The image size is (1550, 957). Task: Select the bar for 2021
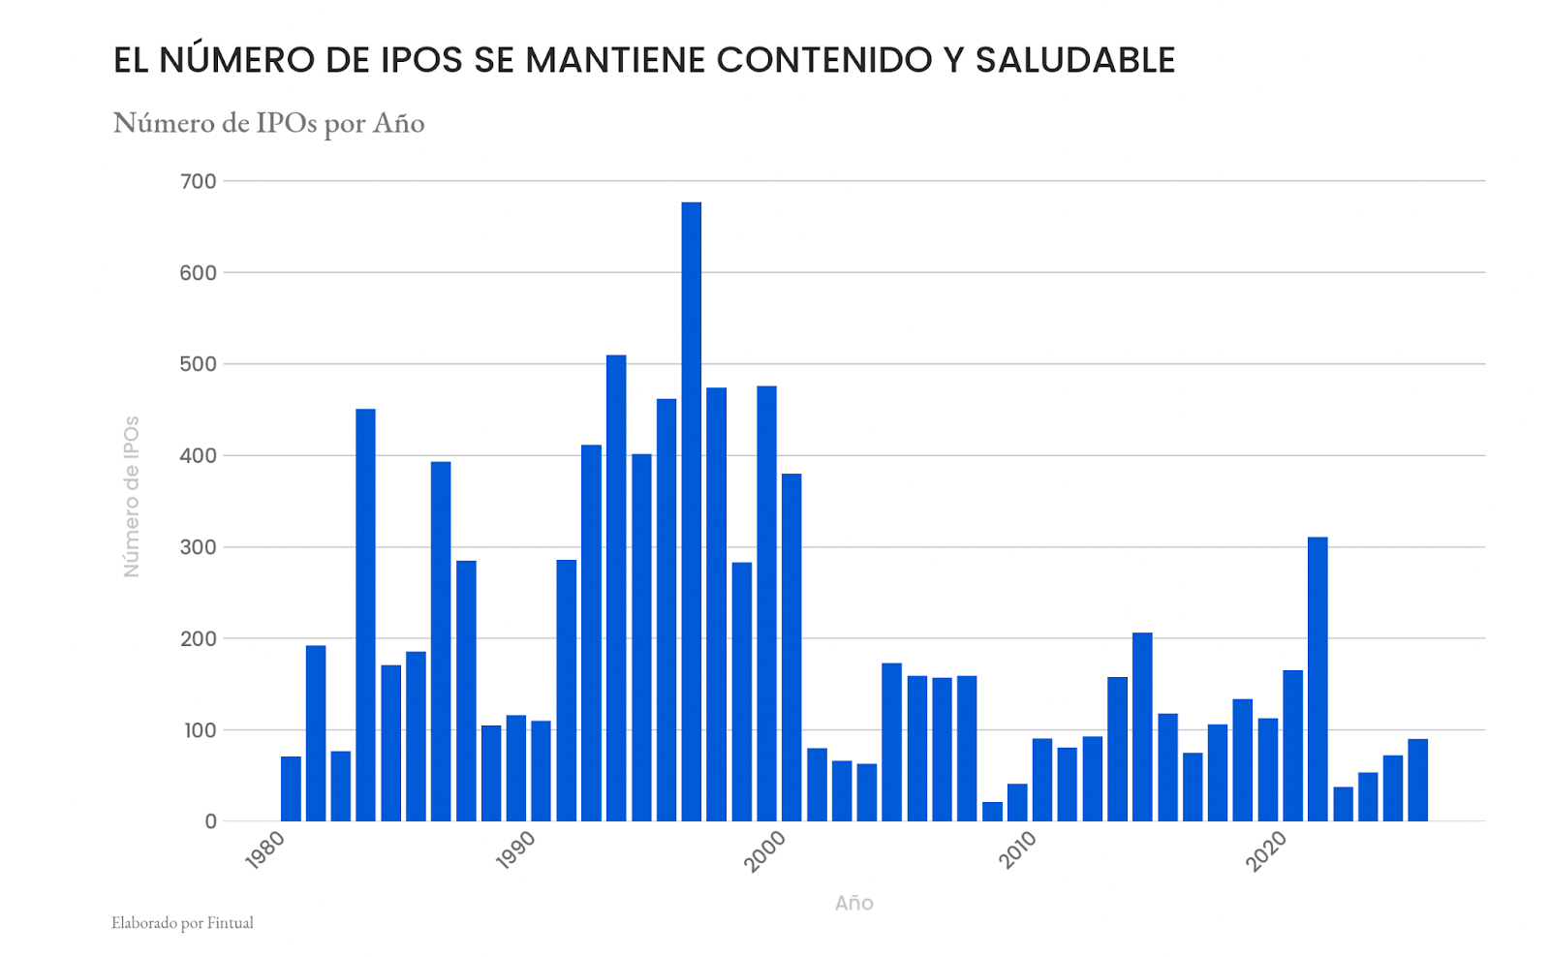pyautogui.click(x=1317, y=678)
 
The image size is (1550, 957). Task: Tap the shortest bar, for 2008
pyautogui.click(x=992, y=812)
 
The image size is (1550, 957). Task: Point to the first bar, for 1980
pyautogui.click(x=291, y=788)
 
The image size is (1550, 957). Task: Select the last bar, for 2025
pyautogui.click(x=1417, y=780)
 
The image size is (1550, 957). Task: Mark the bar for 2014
pyautogui.click(x=1142, y=726)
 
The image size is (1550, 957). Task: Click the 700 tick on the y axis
pyautogui.click(x=199, y=181)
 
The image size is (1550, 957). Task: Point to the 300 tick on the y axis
pyautogui.click(x=199, y=547)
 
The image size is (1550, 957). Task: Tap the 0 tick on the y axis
pyautogui.click(x=210, y=821)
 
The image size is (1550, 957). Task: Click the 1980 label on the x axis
pyautogui.click(x=264, y=849)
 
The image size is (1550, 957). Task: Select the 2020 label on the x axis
pyautogui.click(x=1266, y=849)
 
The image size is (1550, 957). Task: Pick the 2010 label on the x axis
pyautogui.click(x=1016, y=849)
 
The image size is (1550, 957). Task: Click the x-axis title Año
pyautogui.click(x=853, y=903)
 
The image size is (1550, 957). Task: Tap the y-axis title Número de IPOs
pyautogui.click(x=132, y=496)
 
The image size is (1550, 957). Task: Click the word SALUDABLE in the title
pyautogui.click(x=1074, y=60)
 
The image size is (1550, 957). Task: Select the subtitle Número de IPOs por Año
pyautogui.click(x=268, y=123)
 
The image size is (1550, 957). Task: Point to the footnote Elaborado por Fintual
pyautogui.click(x=182, y=923)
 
